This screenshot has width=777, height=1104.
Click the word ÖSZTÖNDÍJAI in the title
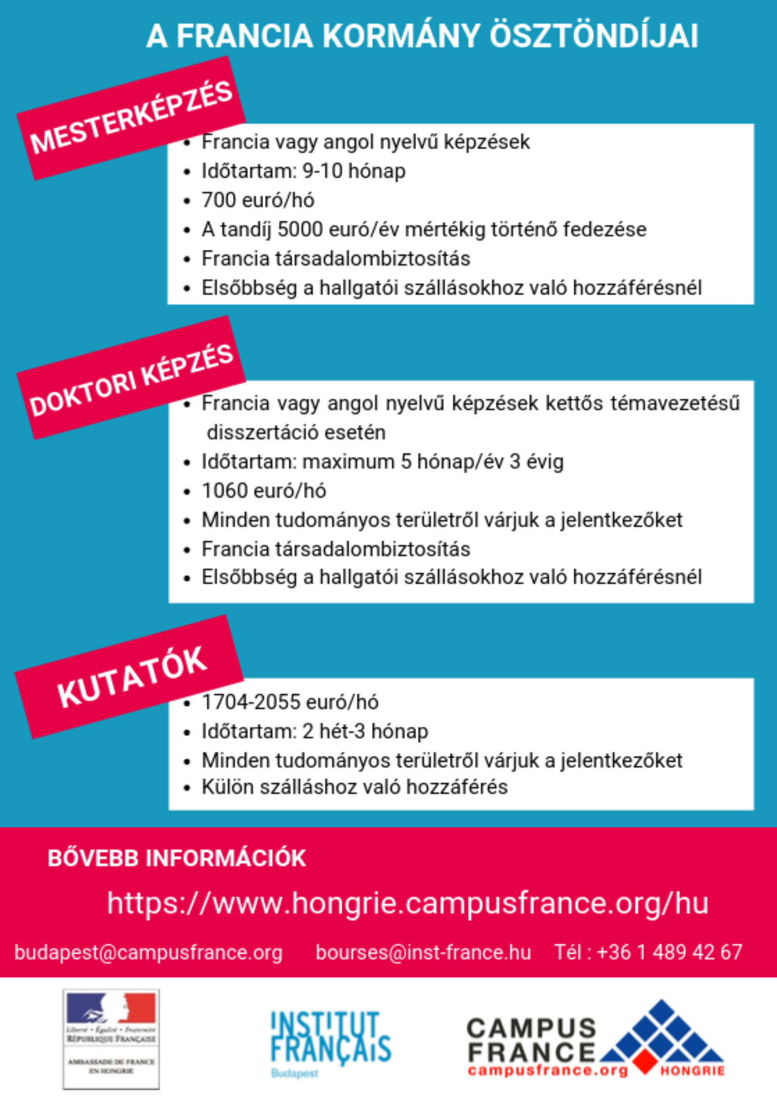click(594, 36)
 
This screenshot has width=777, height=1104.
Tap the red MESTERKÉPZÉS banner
click(131, 118)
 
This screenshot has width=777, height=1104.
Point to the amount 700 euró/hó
click(258, 200)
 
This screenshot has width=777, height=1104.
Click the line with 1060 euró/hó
click(264, 491)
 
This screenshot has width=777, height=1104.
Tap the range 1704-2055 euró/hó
click(290, 702)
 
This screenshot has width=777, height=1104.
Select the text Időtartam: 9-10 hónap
click(304, 171)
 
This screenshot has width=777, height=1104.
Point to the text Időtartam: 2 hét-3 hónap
click(315, 731)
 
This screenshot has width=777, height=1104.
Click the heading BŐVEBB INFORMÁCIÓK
click(177, 858)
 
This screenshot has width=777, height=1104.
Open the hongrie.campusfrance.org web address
click(408, 903)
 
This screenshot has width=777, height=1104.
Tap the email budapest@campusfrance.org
click(149, 952)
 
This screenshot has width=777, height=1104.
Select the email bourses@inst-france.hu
click(423, 952)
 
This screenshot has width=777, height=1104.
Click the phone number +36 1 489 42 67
click(669, 952)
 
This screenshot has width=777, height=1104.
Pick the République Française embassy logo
click(111, 1039)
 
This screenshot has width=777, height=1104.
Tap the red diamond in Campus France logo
click(644, 1061)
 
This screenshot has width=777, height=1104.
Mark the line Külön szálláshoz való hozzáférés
click(354, 787)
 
